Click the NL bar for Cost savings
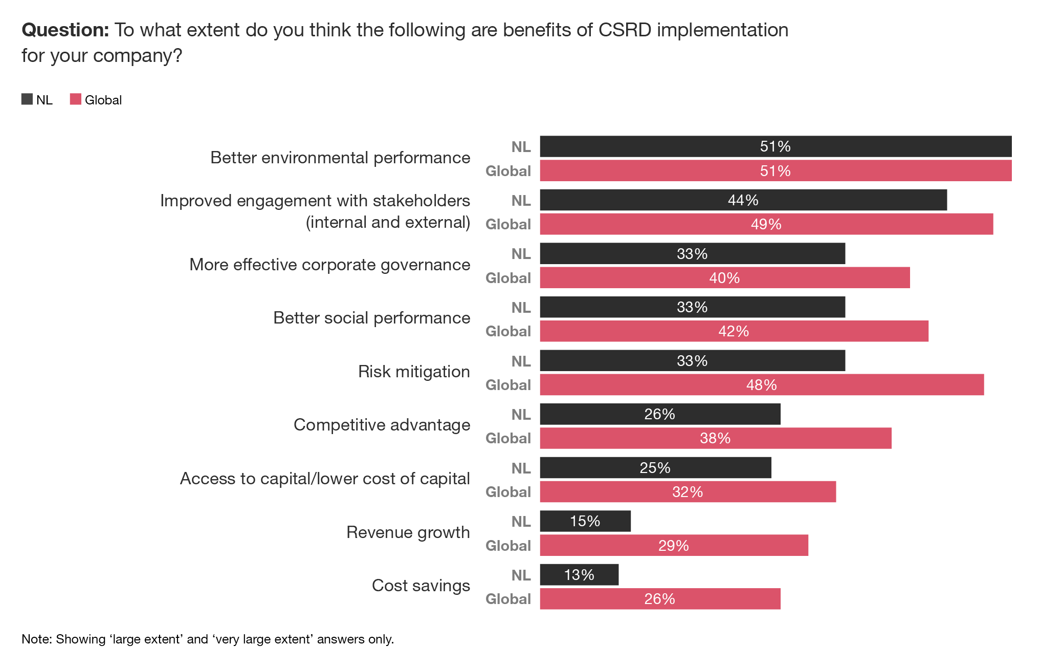579,575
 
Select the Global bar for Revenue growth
674,545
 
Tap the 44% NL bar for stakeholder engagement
743,200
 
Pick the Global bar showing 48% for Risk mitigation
761,385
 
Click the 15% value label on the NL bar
585,521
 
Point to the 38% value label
715,438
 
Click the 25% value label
655,468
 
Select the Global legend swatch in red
76,99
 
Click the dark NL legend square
27,99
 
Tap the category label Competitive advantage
382,425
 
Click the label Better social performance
371,318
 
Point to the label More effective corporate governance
329,265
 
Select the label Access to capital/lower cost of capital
325,479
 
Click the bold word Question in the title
65,30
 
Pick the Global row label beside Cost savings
508,599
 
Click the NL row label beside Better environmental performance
521,147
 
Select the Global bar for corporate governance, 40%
724,278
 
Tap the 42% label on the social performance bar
733,331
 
